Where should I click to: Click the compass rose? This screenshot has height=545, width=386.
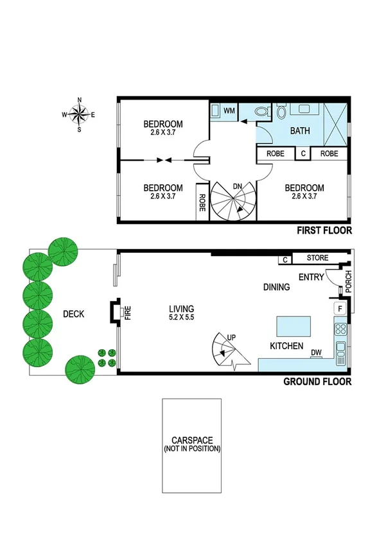tap(79, 115)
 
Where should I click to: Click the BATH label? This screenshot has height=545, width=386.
tap(300, 130)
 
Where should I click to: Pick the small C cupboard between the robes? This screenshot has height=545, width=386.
tap(303, 154)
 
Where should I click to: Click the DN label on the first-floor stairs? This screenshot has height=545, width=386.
tap(238, 186)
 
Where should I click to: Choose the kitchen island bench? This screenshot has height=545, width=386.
tap(295, 326)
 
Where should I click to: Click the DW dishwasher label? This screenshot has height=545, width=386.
tap(315, 352)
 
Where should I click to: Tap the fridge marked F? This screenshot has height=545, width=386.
tap(340, 309)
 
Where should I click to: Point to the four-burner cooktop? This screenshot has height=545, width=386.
tap(340, 331)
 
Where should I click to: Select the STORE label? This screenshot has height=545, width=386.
tap(317, 258)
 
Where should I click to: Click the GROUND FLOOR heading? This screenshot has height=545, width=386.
tap(317, 381)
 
